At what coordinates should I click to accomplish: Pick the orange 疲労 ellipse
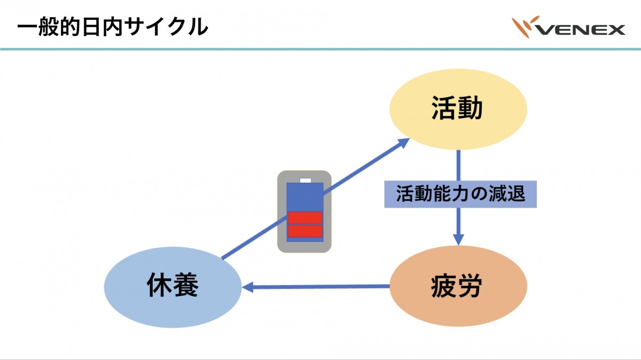(x=458, y=287)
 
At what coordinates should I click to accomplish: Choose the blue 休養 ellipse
(x=172, y=287)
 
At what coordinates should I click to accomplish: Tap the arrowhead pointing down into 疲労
(x=458, y=239)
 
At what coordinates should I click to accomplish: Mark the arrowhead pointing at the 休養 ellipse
(x=248, y=287)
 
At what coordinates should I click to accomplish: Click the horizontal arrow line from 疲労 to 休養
(x=320, y=287)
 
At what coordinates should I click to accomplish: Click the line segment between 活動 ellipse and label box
(x=458, y=166)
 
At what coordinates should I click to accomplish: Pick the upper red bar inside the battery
(x=305, y=217)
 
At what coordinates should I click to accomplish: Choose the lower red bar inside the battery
(x=305, y=231)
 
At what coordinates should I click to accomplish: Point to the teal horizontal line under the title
(x=320, y=49)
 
